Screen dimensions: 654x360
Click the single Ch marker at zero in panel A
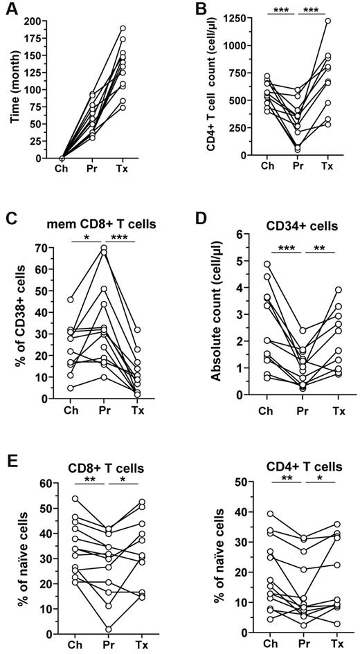point(62,158)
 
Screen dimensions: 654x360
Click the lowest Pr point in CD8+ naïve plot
point(109,629)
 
